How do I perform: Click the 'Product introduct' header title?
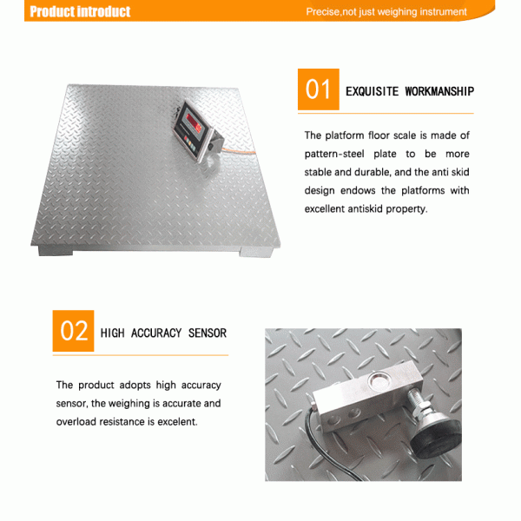click(80, 11)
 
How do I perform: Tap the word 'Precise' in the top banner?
click(323, 12)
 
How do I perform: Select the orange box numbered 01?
click(318, 90)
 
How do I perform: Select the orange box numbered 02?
click(73, 331)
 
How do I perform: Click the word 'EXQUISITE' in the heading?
click(372, 91)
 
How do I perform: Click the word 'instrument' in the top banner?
click(443, 12)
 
